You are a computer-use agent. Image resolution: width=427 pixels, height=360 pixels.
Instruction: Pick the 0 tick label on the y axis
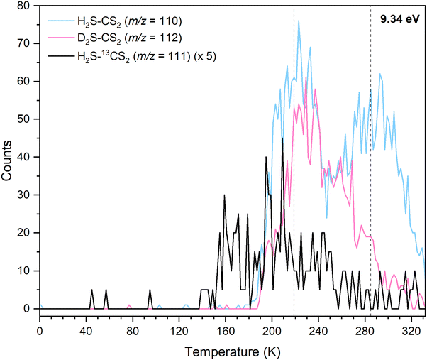click(x=30, y=308)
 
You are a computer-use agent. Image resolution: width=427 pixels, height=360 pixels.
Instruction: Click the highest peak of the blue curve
click(x=299, y=21)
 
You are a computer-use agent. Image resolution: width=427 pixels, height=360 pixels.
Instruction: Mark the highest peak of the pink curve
click(x=305, y=78)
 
